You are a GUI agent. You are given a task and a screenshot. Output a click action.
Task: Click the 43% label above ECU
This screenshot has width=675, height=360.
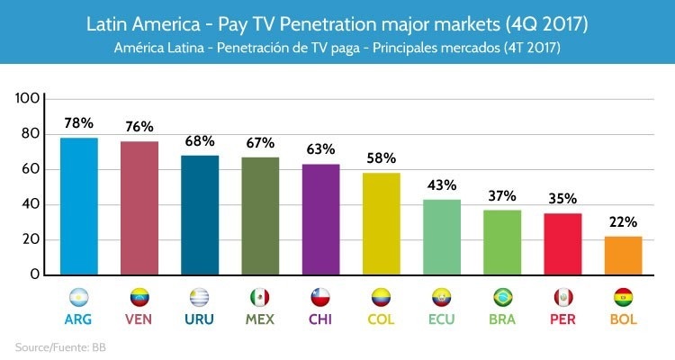pos(442,185)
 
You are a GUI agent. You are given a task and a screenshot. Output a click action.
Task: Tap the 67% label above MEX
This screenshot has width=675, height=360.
pos(260,143)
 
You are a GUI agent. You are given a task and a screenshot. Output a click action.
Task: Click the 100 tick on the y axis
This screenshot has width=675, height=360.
pos(28,97)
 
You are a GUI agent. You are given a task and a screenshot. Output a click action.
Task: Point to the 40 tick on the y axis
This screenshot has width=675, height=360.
pos(31,204)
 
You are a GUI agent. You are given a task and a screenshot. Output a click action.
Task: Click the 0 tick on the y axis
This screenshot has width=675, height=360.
pos(35,274)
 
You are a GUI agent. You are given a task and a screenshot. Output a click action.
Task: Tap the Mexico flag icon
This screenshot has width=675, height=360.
pos(260,297)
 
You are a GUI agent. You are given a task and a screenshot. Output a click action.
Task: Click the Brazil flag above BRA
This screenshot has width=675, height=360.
pos(502,297)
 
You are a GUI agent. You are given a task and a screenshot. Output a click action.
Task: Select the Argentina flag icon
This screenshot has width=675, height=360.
pos(79,297)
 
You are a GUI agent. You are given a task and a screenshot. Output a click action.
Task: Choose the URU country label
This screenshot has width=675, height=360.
pos(200,319)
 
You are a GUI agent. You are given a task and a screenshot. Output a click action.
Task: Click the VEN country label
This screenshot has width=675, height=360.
pos(139,319)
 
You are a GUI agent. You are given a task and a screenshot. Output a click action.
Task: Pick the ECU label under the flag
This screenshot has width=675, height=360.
pos(442,319)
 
